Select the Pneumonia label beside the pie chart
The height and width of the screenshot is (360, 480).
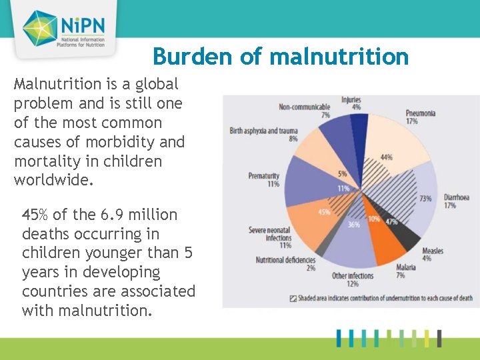[x=421, y=113]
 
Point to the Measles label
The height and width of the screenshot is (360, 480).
[x=432, y=251]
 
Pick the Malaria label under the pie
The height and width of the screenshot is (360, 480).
[x=405, y=267]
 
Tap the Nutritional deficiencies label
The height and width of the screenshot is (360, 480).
[x=286, y=260]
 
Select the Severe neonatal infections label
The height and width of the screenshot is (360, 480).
[x=270, y=234]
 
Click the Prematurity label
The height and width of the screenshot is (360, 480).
[x=263, y=176]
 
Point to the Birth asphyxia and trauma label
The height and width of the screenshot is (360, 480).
[x=263, y=131]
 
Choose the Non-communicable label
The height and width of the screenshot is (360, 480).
[x=304, y=107]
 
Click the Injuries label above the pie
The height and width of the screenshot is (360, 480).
[x=351, y=100]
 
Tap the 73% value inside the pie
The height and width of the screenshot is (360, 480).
[x=425, y=198]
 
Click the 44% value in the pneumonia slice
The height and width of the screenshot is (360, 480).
[x=386, y=157]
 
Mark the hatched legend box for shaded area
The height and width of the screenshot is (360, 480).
[x=293, y=298]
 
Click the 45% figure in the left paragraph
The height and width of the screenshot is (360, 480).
[x=35, y=215]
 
